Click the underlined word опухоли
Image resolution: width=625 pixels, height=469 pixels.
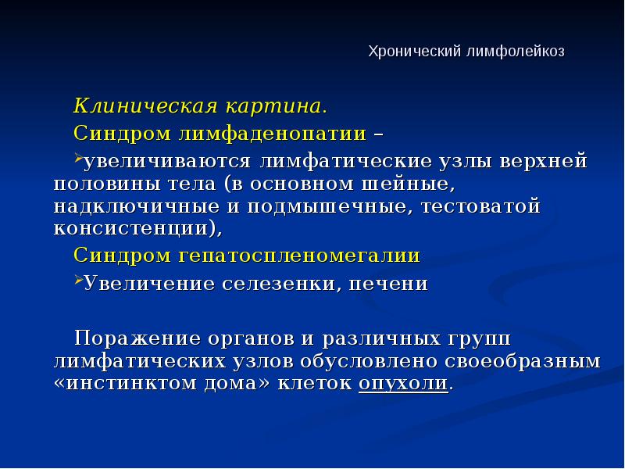(x=403, y=385)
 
